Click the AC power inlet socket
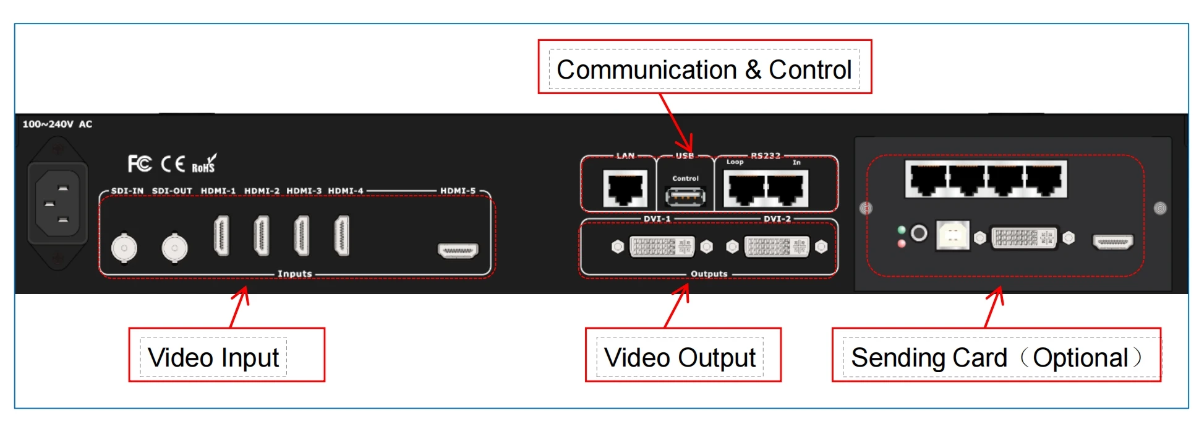tap(58, 203)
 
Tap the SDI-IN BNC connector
tap(124, 248)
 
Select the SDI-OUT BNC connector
tap(174, 248)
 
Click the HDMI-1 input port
tap(221, 235)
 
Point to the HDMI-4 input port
tap(341, 235)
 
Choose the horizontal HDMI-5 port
tap(458, 251)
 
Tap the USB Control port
tap(685, 197)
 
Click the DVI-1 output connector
tap(662, 247)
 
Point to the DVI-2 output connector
tap(776, 247)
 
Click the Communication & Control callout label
tap(704, 69)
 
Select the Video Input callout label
tap(213, 357)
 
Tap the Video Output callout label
tap(680, 357)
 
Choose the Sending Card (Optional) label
tap(996, 357)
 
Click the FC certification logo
tap(139, 163)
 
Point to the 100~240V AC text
tap(57, 124)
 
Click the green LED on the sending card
tap(902, 230)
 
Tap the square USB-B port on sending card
tap(952, 235)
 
